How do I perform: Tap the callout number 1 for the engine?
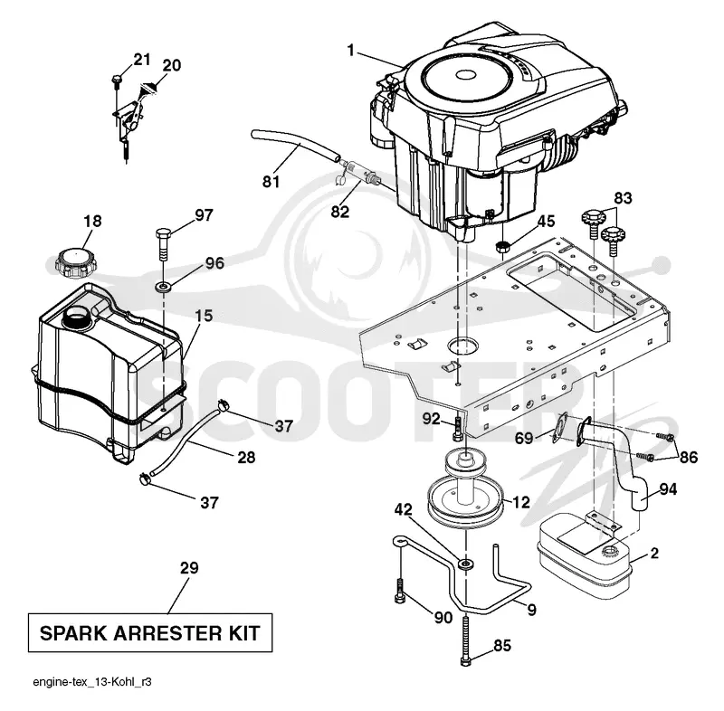point(351,50)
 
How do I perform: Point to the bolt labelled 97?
point(164,244)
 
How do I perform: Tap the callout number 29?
point(189,567)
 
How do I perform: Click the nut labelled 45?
point(502,246)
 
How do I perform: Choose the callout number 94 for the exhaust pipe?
point(668,489)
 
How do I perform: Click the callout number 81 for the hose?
point(271,181)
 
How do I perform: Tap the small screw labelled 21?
point(116,81)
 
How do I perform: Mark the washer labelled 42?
point(465,564)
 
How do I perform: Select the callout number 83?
point(623,198)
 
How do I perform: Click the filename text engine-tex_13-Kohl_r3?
point(92,682)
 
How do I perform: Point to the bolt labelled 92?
point(458,428)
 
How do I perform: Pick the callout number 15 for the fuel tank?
point(203,316)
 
